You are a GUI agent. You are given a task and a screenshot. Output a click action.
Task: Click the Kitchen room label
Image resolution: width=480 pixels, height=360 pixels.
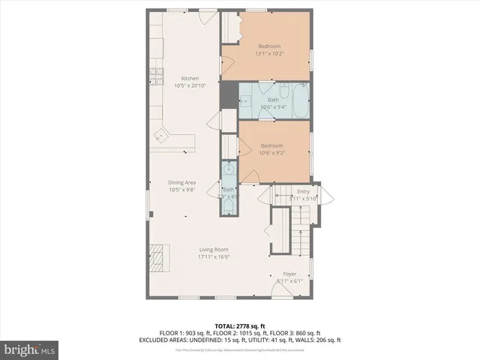(x=190, y=78)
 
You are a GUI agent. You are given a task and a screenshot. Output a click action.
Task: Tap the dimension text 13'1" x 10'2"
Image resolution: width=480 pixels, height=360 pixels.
(x=268, y=53)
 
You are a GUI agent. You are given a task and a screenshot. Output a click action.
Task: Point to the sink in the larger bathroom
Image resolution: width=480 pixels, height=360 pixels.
(x=246, y=101)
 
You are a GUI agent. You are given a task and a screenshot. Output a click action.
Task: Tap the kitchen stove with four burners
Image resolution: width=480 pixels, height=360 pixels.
(x=157, y=76)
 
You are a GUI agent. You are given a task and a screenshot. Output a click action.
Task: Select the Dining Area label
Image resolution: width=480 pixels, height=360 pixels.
(x=182, y=182)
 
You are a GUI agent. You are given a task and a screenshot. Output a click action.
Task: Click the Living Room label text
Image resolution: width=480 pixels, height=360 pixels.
(x=214, y=250)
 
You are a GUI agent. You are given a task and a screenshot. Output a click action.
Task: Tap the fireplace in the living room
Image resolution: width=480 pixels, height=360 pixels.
(x=158, y=252)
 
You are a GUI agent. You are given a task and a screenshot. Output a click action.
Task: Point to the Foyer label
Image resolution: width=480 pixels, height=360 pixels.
(x=289, y=274)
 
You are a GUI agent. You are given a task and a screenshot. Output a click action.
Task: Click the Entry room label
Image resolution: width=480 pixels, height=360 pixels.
(x=303, y=191)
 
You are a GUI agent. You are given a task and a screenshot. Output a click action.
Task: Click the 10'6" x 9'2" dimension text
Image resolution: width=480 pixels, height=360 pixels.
(x=271, y=152)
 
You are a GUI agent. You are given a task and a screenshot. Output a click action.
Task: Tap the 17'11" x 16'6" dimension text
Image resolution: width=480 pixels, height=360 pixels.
(x=214, y=256)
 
